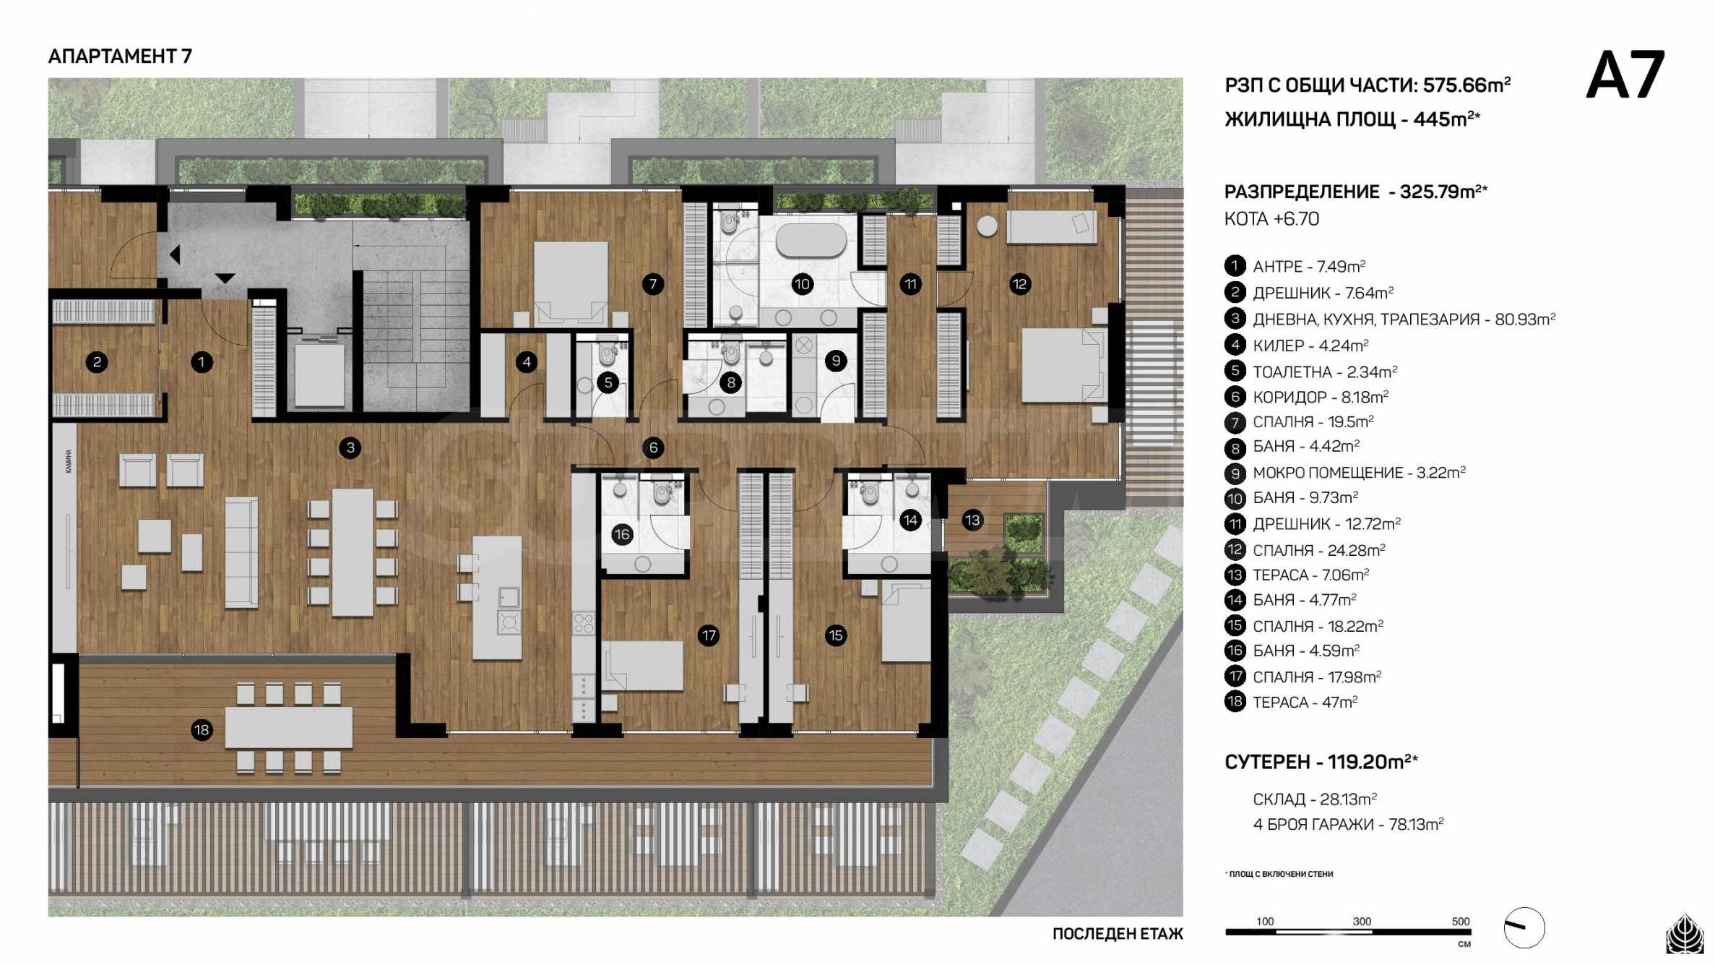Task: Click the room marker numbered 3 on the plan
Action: click(350, 447)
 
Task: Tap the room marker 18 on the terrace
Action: click(202, 730)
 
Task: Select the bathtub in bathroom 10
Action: click(811, 240)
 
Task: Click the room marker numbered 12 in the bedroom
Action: click(1019, 284)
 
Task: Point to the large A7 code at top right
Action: click(1625, 74)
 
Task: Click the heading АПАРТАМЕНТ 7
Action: click(120, 56)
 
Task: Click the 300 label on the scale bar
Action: click(1362, 921)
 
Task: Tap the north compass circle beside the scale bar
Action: click(1524, 927)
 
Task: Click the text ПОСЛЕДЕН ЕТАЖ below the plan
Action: click(1118, 934)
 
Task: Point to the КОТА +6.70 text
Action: click(1271, 219)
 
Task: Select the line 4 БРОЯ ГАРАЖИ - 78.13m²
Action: click(1348, 824)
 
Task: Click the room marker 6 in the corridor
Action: click(653, 447)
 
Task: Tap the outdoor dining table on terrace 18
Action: click(288, 727)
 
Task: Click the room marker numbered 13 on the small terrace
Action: click(972, 520)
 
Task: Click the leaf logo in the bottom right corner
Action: click(1684, 934)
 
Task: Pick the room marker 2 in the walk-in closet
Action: click(97, 361)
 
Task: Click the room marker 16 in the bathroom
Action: click(622, 534)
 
